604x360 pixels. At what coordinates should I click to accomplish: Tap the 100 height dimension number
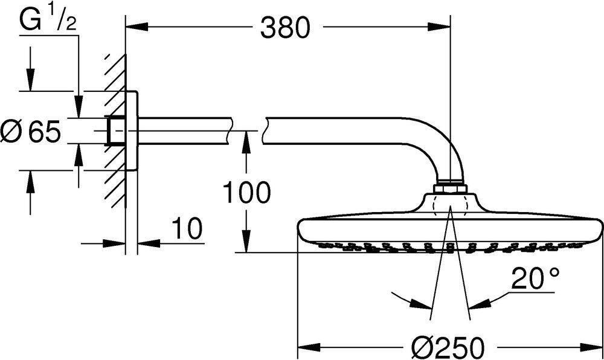pos(246,193)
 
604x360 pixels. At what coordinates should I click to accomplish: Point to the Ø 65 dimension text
pos(31,131)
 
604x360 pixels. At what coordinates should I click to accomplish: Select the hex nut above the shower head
pos(450,188)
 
